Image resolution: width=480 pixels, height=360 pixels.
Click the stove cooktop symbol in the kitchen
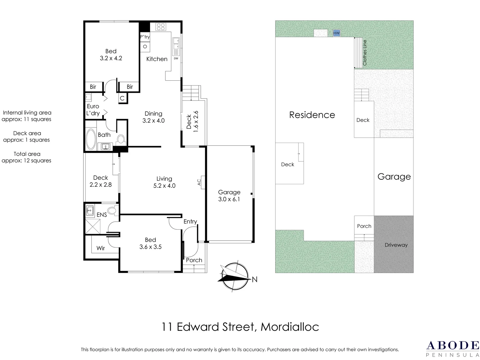161,27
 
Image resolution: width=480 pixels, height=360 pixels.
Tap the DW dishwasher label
176,59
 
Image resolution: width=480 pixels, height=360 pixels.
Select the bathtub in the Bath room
91,139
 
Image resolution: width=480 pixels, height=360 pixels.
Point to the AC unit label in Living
199,182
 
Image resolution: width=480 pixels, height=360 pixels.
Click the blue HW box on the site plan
336,33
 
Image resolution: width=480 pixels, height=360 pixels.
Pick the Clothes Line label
365,53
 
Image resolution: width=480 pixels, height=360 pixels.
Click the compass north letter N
255,280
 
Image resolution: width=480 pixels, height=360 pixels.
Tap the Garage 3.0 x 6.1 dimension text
229,199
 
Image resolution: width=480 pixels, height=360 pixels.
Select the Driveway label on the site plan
396,245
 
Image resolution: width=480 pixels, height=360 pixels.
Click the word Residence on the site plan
312,115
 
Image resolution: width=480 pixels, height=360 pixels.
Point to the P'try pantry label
145,37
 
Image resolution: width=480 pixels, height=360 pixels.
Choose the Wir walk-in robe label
101,248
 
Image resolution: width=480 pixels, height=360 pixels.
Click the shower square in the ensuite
93,226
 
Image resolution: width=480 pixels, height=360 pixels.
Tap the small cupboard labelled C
122,98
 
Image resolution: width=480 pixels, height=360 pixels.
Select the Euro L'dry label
93,110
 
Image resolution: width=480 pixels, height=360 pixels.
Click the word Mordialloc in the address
290,327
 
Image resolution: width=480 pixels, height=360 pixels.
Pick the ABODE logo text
453,345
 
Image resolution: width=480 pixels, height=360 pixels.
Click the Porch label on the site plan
364,226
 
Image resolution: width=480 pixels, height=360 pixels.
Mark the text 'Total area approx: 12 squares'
27,157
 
